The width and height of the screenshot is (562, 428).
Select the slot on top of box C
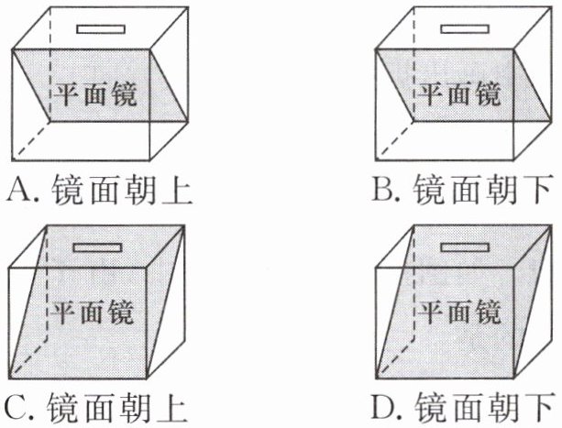[97, 247]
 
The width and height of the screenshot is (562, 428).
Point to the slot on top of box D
[463, 247]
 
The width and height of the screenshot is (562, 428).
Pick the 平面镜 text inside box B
[460, 94]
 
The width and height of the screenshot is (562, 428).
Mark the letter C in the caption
[17, 406]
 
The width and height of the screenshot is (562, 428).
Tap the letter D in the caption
[384, 406]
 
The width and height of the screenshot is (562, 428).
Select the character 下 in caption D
[541, 406]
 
